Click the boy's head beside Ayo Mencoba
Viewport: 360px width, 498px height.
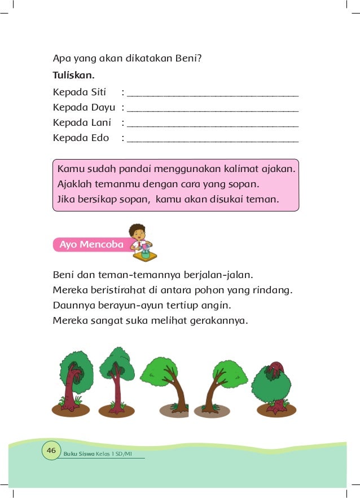(x=137, y=232)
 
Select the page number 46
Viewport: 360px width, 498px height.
(x=51, y=451)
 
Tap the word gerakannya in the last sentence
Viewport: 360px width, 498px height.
(x=218, y=320)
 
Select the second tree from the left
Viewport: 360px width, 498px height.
(x=117, y=378)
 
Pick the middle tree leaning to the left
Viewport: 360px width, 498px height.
(x=165, y=384)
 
